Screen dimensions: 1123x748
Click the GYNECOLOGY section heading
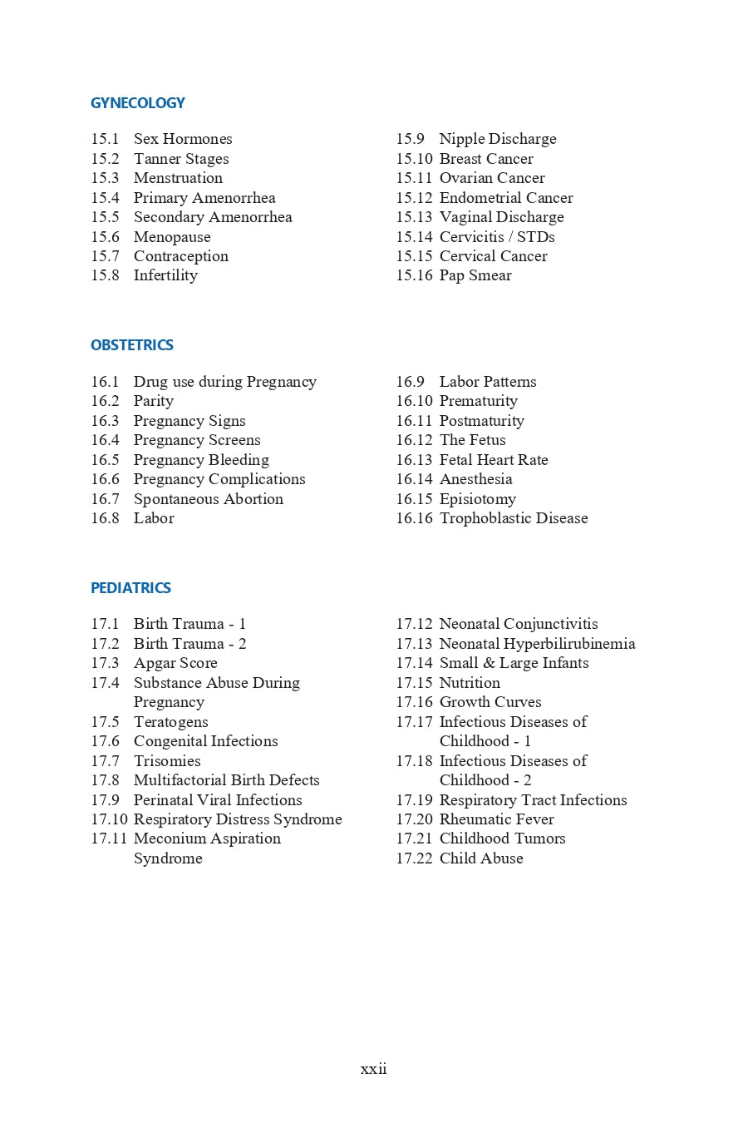click(138, 103)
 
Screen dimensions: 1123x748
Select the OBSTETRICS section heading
click(132, 345)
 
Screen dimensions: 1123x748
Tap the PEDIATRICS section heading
click(130, 588)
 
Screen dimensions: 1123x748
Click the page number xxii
click(373, 1069)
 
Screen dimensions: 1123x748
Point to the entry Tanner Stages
click(181, 159)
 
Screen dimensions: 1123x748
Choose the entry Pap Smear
click(475, 275)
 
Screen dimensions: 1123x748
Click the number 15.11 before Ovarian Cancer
click(414, 178)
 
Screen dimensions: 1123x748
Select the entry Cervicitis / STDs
click(497, 237)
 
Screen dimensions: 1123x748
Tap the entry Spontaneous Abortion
click(209, 499)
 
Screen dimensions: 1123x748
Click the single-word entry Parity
click(154, 401)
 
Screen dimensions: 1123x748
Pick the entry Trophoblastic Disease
click(514, 518)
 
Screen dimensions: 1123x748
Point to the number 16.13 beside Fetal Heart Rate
click(414, 460)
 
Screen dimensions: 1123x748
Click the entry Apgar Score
click(175, 663)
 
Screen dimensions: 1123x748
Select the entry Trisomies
click(167, 761)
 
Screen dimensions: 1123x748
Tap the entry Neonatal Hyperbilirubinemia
click(537, 644)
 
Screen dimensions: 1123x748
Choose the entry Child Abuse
click(481, 858)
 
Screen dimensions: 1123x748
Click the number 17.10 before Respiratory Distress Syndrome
click(109, 819)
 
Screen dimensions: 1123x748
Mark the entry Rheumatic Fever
click(496, 819)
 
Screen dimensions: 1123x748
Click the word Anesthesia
click(475, 479)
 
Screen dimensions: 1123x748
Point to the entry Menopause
click(172, 237)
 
